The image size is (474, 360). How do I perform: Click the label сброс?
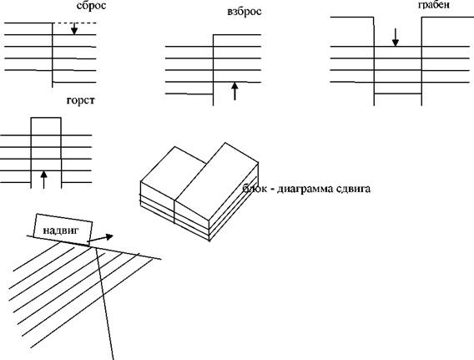91,6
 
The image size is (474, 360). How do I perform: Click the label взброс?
245,12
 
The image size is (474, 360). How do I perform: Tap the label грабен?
434,5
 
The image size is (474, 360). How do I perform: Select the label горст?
80,100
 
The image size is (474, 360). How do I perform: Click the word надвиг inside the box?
61,231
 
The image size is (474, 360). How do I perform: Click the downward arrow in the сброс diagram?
74,28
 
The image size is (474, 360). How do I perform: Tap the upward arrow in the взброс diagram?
234,91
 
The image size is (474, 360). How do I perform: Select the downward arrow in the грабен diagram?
395,38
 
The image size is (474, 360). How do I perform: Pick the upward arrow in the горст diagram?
44,180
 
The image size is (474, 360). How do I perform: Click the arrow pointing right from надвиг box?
100,238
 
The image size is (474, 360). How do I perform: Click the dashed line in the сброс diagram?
74,23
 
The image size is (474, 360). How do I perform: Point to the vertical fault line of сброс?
53,55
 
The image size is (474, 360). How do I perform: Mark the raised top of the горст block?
46,118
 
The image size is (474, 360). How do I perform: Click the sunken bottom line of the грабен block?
398,94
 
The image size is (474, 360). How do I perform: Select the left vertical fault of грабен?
374,61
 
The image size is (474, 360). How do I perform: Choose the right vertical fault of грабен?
421,61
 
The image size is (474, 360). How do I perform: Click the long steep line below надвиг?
104,303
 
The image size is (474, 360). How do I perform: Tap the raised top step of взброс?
237,35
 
